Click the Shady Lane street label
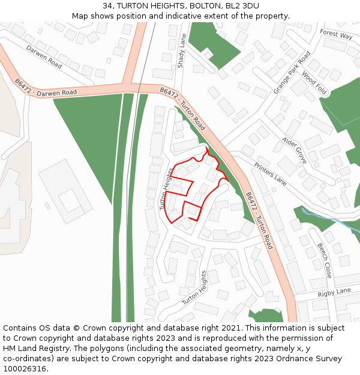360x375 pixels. tap(182, 51)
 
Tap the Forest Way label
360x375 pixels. tap(336, 34)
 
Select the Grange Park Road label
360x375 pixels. tap(292, 73)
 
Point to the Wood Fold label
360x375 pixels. tap(314, 83)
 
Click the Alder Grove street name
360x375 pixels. tap(294, 150)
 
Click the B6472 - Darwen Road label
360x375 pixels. tap(47, 94)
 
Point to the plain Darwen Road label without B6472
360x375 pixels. tap(44, 56)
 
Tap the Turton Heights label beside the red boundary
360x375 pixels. tap(166, 189)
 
